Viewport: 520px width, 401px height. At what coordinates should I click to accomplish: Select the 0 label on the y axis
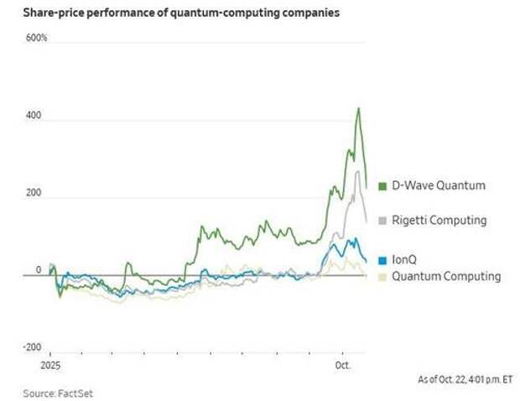click(x=38, y=269)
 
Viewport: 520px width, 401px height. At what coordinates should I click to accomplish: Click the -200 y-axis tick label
click(x=33, y=346)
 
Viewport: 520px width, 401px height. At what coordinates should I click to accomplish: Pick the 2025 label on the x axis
click(x=50, y=367)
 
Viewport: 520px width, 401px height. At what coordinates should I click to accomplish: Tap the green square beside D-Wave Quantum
click(x=382, y=185)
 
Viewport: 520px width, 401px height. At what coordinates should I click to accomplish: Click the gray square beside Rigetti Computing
click(x=382, y=221)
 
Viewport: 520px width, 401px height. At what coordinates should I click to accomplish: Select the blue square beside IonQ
click(x=382, y=260)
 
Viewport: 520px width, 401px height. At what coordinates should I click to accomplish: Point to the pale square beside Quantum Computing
click(x=382, y=276)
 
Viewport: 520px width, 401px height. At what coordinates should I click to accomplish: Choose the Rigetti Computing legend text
click(x=439, y=221)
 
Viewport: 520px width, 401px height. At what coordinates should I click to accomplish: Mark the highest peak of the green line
click(x=359, y=108)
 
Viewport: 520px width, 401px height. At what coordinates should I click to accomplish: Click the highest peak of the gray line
click(x=358, y=171)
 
